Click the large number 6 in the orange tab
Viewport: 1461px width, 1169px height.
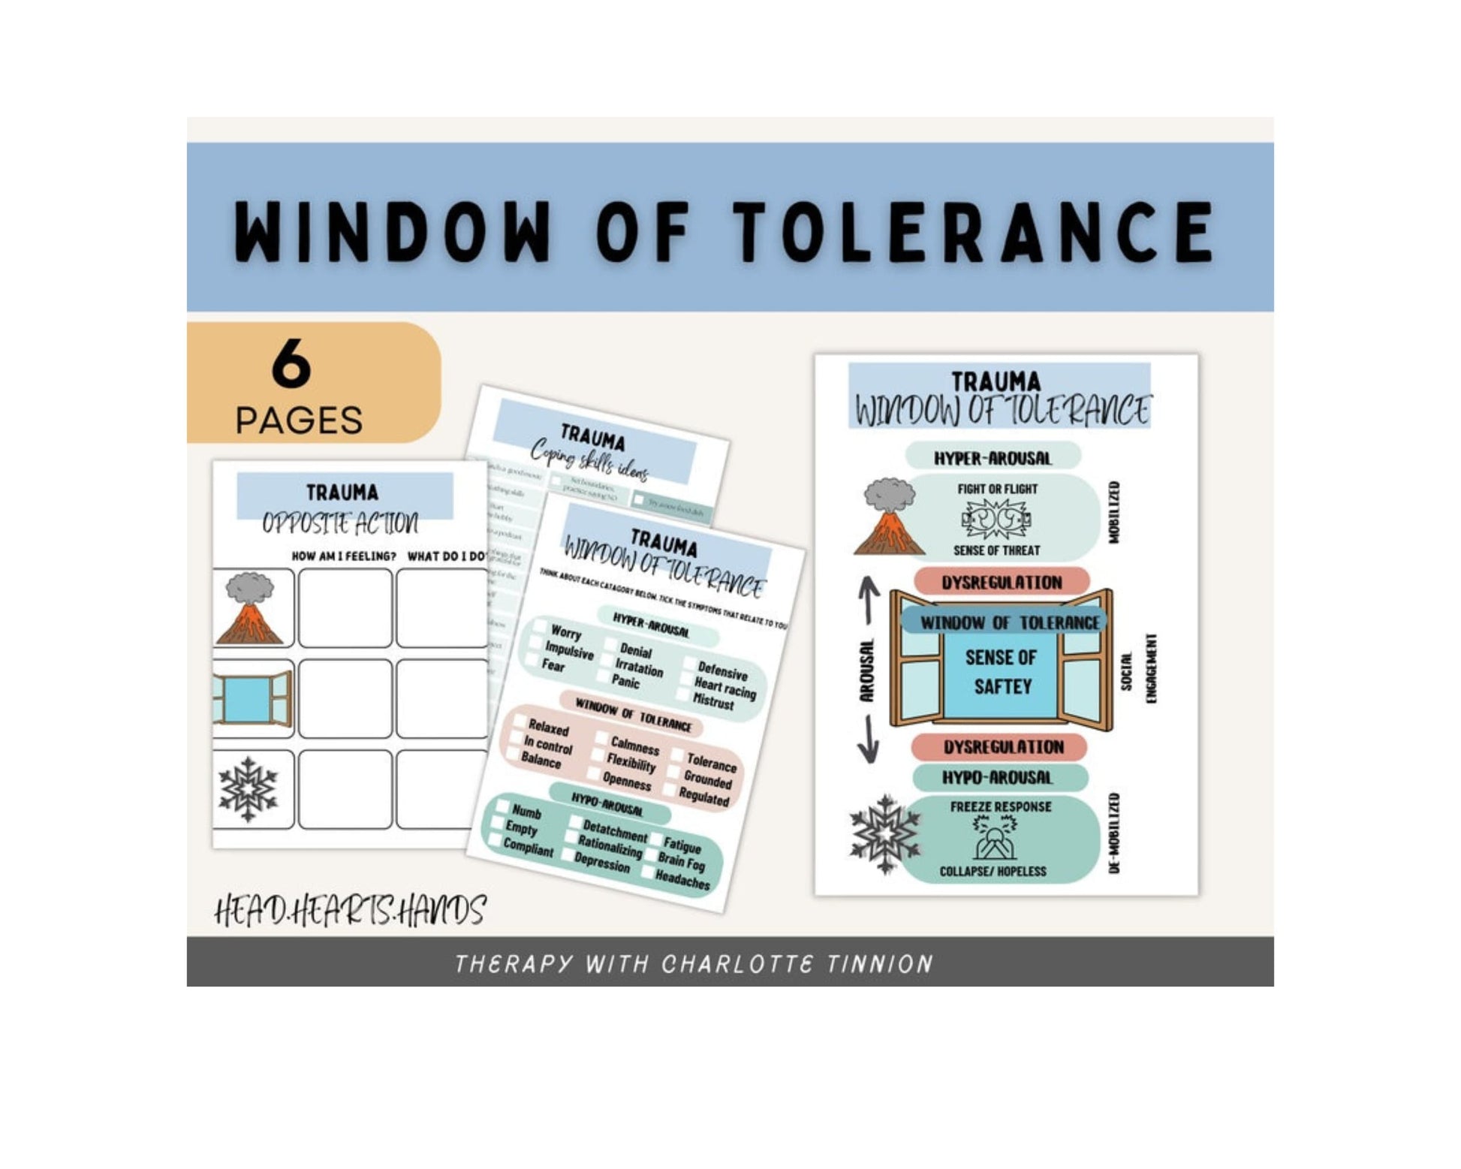click(291, 363)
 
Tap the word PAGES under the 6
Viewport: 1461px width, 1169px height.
click(299, 420)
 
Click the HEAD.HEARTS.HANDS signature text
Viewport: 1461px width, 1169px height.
click(350, 911)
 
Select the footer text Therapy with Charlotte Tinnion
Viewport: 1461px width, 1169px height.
click(694, 963)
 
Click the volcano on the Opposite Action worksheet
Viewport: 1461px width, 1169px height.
click(250, 609)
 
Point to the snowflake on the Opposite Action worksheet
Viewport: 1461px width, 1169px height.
click(248, 789)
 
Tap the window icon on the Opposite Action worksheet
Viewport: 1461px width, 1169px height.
click(252, 699)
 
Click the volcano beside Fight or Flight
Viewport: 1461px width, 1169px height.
click(890, 518)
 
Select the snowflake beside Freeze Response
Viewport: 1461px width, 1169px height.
click(885, 834)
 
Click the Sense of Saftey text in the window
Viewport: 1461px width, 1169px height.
click(1002, 672)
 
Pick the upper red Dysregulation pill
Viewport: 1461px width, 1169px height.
click(1002, 582)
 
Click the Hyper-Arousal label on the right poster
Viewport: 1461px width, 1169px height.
click(993, 458)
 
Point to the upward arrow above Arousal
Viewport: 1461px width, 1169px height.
click(869, 599)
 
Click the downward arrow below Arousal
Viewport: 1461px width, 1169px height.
click(868, 739)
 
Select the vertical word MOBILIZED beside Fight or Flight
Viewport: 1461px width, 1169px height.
click(1114, 513)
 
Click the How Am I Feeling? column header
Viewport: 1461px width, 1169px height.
click(344, 556)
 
